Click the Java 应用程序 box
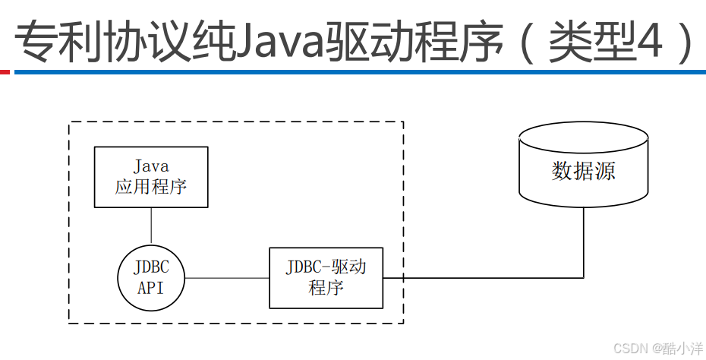pos(151,177)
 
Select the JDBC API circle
pos(151,278)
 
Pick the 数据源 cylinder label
pos(583,171)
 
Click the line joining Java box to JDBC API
pos(151,226)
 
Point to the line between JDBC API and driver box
pos(227,278)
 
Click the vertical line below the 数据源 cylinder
pos(584,243)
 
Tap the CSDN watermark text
pos(628,348)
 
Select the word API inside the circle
pos(151,288)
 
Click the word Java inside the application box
pos(151,166)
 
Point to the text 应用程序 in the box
pos(151,187)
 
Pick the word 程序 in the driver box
pos(326,288)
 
